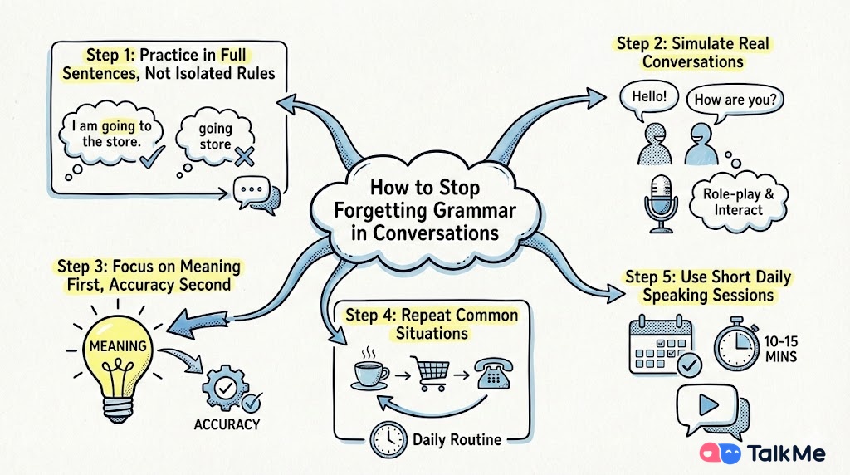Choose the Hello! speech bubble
[x=648, y=97]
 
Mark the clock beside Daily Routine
[x=388, y=438]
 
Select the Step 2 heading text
[x=691, y=51]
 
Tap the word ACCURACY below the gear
[x=227, y=424]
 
